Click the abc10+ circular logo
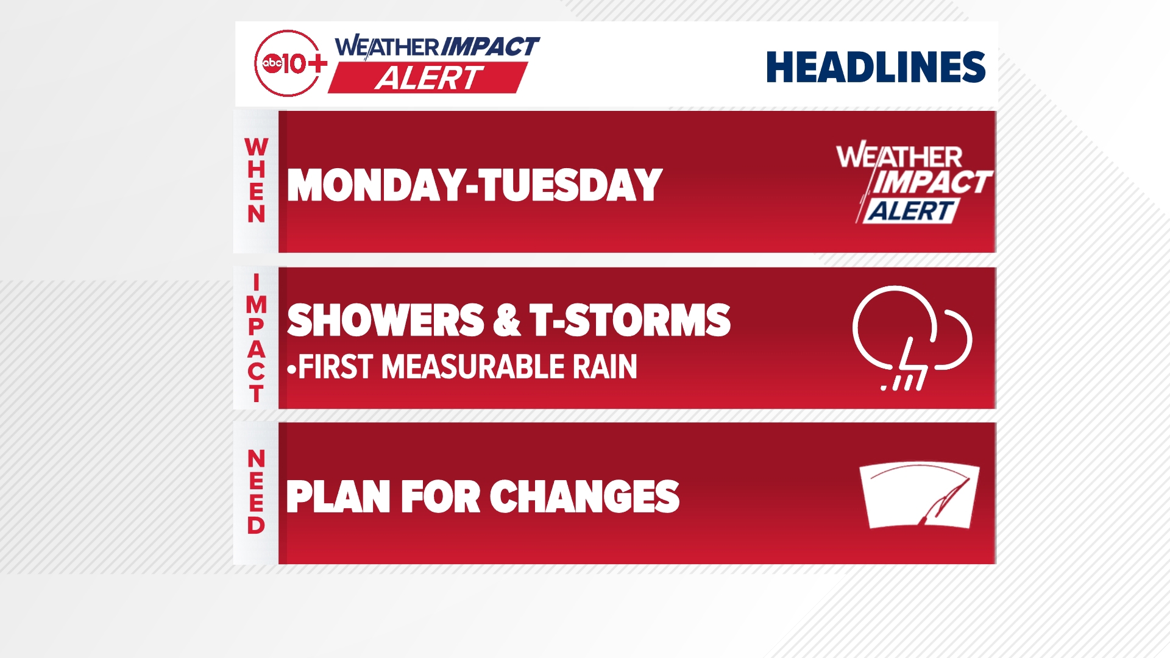coord(288,63)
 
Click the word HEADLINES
coord(875,67)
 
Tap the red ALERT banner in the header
coord(428,78)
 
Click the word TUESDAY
coord(571,185)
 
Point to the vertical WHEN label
coord(256,180)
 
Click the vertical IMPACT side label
coord(256,338)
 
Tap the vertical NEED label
coord(256,492)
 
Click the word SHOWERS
coord(385,320)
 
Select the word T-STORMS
coord(629,320)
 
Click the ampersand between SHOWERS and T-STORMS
coord(507,320)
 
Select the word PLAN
coord(338,497)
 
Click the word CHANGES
coord(584,497)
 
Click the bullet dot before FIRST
coord(291,369)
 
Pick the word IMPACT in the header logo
coord(489,46)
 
